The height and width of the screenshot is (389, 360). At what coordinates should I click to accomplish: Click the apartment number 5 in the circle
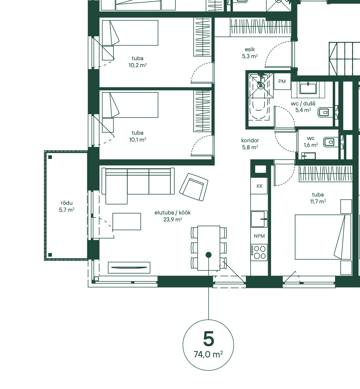tap(208, 339)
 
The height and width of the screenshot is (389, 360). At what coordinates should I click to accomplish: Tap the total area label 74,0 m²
tap(208, 354)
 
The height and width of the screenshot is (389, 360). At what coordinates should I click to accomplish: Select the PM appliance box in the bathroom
tap(282, 81)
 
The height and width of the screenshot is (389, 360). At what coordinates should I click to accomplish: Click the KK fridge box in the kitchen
tap(260, 186)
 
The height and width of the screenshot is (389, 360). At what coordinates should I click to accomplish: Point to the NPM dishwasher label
tap(259, 236)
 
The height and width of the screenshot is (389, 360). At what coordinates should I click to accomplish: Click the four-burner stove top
tap(259, 252)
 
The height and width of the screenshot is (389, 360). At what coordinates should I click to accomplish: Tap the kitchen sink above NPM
tap(259, 219)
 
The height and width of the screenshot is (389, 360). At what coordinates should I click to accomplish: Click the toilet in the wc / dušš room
tap(325, 113)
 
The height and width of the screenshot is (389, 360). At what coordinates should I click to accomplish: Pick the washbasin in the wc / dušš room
tap(308, 88)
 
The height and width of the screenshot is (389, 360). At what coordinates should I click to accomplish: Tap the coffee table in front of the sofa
tap(127, 221)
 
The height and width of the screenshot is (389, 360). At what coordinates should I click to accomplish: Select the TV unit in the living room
tap(129, 267)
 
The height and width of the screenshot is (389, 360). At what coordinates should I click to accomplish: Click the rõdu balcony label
tap(67, 203)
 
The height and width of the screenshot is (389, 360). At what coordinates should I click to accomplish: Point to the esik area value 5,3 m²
tap(250, 56)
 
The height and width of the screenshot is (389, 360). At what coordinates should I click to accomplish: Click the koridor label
tap(250, 140)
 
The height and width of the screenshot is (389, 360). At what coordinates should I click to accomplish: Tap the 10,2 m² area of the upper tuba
tap(137, 65)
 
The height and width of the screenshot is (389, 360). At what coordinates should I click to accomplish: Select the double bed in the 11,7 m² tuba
tap(323, 237)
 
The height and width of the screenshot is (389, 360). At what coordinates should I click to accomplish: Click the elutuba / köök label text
tap(173, 212)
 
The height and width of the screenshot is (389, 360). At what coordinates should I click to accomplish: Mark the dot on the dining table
tap(209, 255)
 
